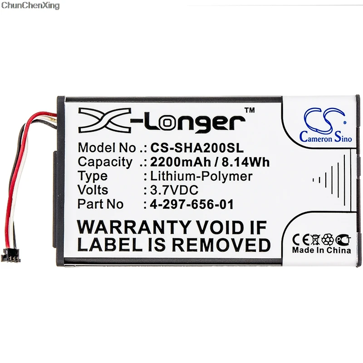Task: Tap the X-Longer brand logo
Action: [x=161, y=121]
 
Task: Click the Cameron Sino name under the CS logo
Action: [x=326, y=138]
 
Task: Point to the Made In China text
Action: [x=321, y=250]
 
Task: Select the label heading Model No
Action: [x=107, y=148]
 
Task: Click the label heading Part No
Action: [x=100, y=205]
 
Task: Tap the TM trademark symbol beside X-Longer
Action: [x=250, y=110]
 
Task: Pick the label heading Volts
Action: [x=93, y=190]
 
